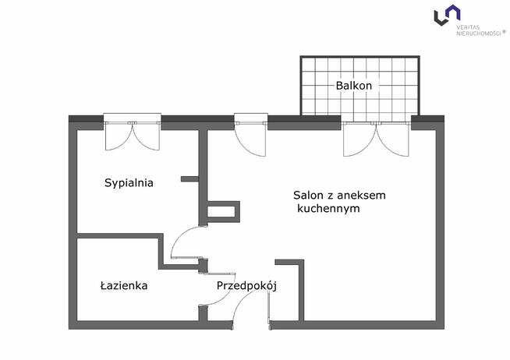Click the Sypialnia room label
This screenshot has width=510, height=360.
pyautogui.click(x=129, y=183)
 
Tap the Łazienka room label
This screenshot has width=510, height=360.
pyautogui.click(x=124, y=286)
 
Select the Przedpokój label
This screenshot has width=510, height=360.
pyautogui.click(x=247, y=286)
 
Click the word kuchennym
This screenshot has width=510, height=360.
pyautogui.click(x=328, y=210)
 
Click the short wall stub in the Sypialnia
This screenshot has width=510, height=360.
pyautogui.click(x=190, y=179)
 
